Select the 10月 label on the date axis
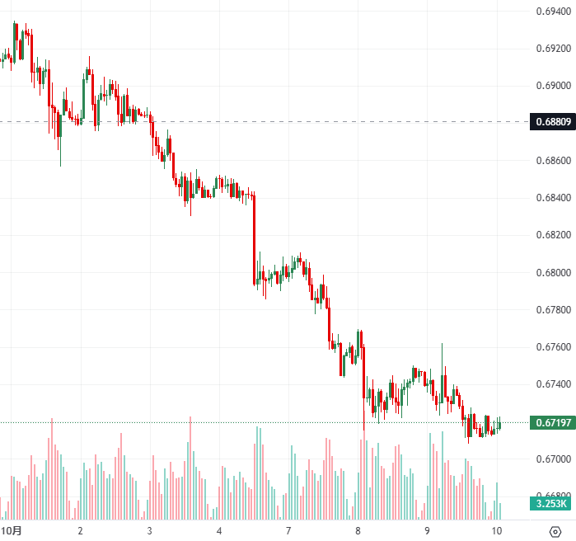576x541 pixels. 12,529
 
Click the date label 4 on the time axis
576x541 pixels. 219,529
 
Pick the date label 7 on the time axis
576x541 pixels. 288,529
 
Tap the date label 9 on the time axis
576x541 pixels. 427,529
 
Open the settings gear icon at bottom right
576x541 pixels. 554,529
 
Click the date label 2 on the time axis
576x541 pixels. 80,529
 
